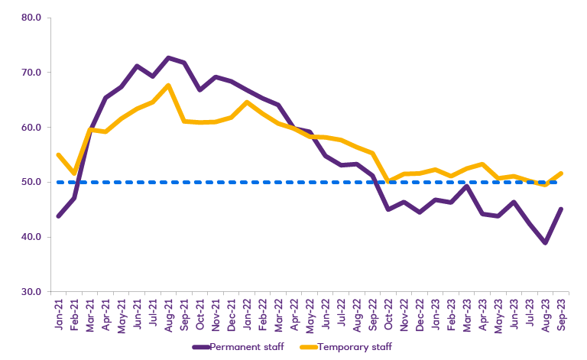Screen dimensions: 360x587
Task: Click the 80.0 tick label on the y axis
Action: (31, 18)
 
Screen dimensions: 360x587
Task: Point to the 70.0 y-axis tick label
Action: (31, 73)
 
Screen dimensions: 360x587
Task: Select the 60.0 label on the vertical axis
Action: (31, 128)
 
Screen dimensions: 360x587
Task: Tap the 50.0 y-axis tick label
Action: (31, 183)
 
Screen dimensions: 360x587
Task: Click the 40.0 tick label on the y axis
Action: (31, 237)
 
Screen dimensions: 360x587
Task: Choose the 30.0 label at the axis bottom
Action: (31, 292)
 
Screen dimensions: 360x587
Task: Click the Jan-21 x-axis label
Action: (59, 315)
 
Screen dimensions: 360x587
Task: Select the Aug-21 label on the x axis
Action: (169, 315)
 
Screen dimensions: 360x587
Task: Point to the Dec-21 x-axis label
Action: (232, 315)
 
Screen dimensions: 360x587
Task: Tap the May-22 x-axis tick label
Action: (310, 315)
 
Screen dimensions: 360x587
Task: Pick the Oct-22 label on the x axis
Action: (389, 315)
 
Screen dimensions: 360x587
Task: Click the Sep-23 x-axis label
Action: (563, 315)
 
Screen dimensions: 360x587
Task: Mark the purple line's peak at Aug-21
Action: (169, 57)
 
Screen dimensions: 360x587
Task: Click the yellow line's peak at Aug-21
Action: (169, 86)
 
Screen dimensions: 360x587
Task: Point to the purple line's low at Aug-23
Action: (546, 243)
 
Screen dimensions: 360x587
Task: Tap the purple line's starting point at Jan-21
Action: (59, 216)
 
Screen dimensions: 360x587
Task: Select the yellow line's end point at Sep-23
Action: (563, 174)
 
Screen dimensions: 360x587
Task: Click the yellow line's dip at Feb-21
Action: (74, 174)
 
